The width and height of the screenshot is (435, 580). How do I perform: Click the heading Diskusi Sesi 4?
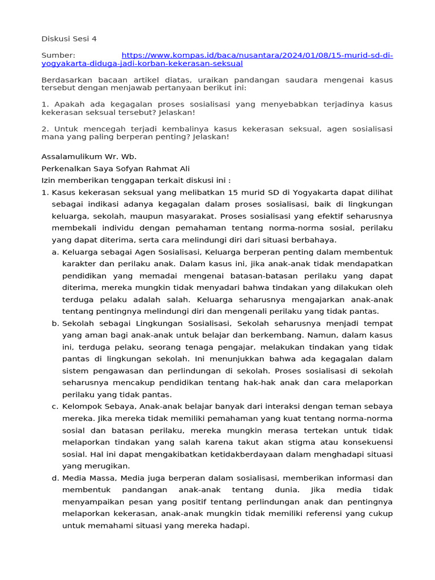pyautogui.click(x=69, y=39)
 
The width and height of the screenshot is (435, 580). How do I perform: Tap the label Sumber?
pyautogui.click(x=58, y=56)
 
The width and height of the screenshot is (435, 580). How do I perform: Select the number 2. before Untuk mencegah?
pyautogui.click(x=45, y=129)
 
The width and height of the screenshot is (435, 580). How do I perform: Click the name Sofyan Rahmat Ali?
pyautogui.click(x=155, y=169)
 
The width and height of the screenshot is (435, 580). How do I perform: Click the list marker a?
pyautogui.click(x=55, y=252)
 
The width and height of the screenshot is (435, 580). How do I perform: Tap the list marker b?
pyautogui.click(x=55, y=323)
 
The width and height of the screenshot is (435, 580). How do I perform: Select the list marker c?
pyautogui.click(x=55, y=406)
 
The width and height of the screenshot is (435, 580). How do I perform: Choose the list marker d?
pyautogui.click(x=55, y=478)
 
